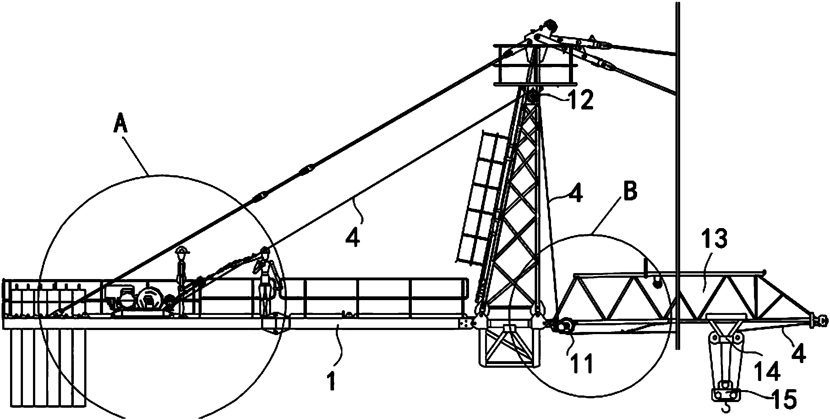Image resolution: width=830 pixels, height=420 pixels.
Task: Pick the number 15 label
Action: pyautogui.click(x=784, y=399)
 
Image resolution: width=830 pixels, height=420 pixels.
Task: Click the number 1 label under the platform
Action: pyautogui.click(x=331, y=381)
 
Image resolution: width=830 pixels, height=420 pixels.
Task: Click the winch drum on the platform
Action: pyautogui.click(x=149, y=300)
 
